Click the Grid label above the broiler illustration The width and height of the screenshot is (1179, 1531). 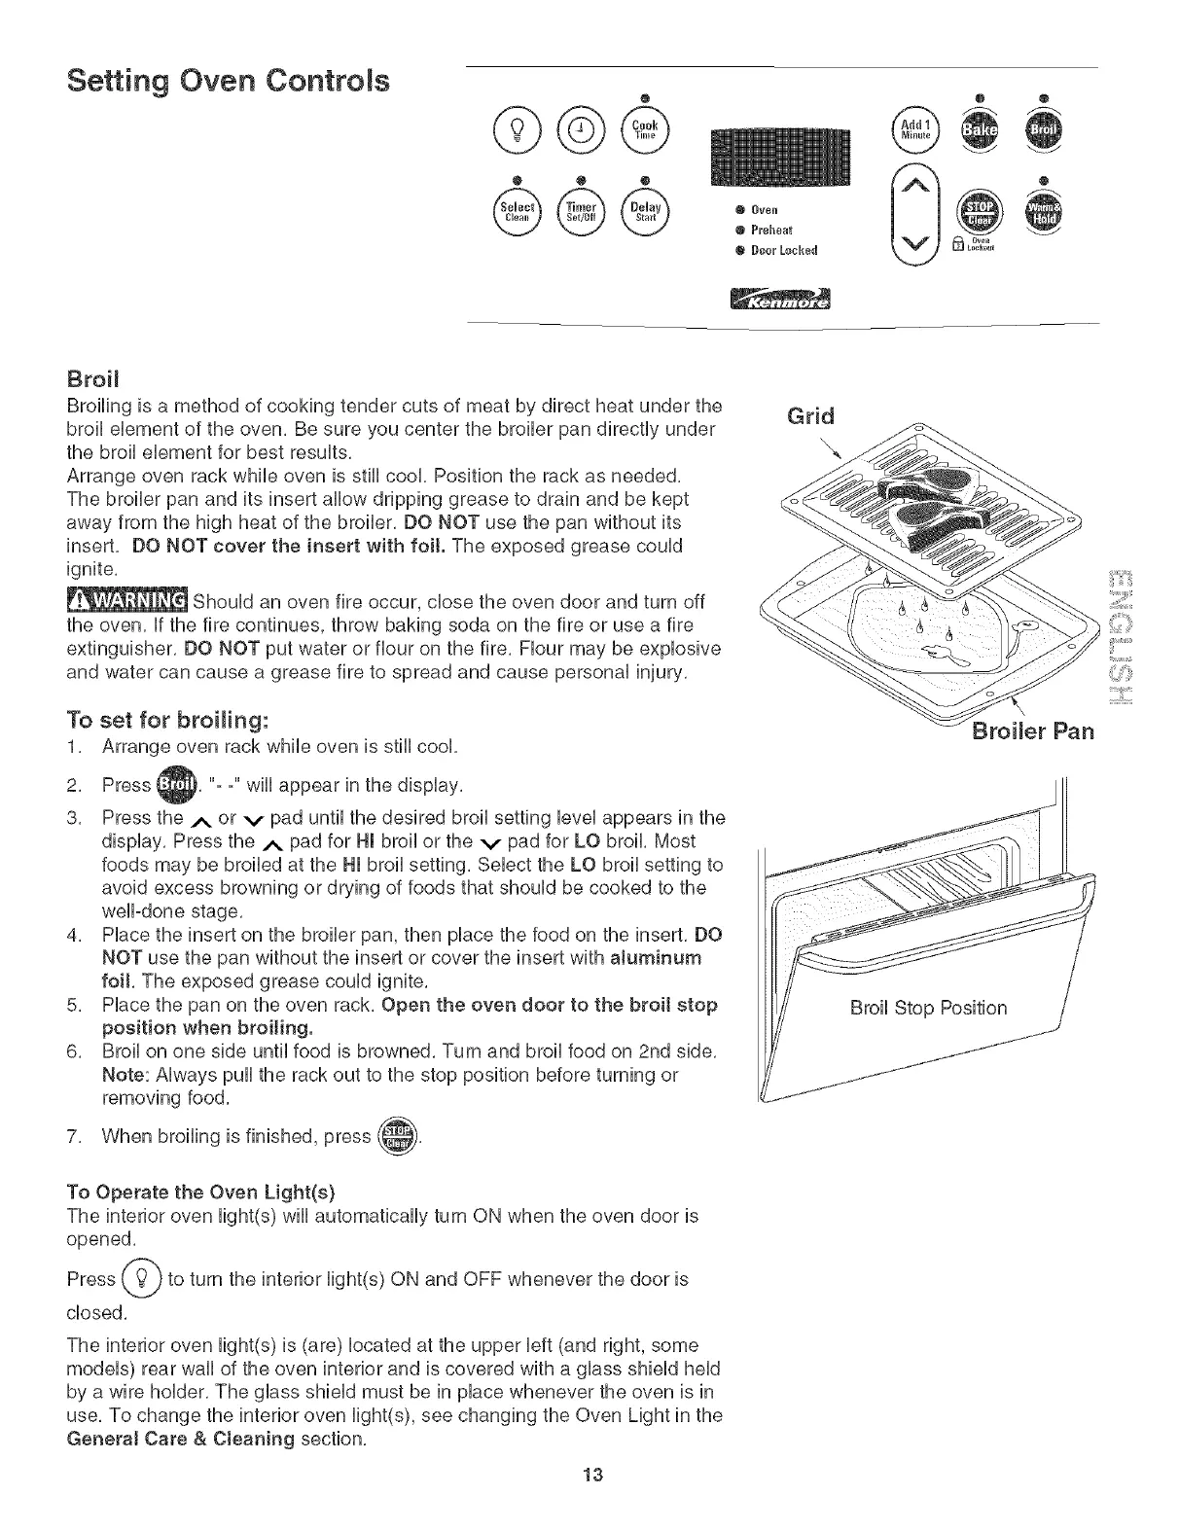(810, 416)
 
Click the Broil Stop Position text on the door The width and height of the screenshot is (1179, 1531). (928, 1008)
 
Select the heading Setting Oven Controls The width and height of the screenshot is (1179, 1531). (228, 80)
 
